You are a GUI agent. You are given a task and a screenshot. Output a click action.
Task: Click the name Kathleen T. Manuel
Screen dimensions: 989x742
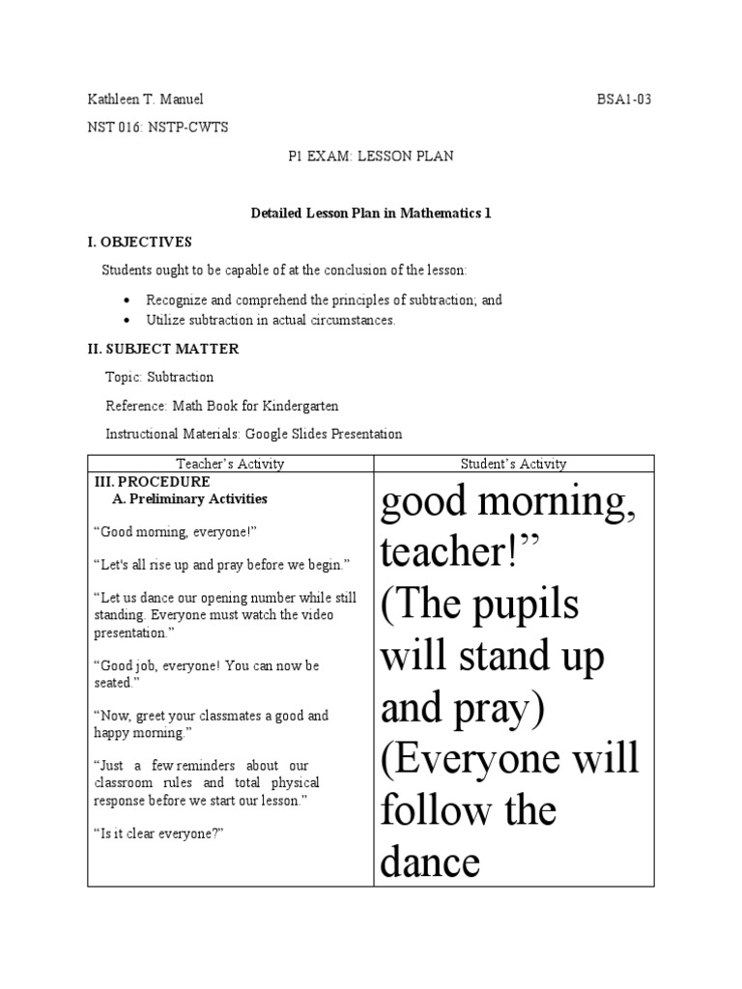click(145, 99)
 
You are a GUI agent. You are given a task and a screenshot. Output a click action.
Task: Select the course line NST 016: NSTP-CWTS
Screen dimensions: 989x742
click(157, 127)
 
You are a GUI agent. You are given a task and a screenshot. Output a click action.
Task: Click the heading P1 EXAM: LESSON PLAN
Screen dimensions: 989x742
click(371, 155)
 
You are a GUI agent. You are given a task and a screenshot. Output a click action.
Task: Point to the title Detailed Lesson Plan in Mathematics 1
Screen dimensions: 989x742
click(371, 213)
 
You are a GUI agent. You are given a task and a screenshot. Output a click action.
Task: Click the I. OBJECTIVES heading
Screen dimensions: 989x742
click(140, 241)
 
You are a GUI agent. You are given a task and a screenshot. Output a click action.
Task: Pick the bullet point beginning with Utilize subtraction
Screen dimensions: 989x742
click(271, 320)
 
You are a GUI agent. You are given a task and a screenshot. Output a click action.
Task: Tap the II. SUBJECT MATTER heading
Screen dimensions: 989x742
click(163, 349)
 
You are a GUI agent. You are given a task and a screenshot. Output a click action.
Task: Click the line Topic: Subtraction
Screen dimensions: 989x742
click(159, 377)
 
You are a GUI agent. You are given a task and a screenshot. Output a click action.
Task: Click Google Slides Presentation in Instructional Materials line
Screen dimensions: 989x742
click(324, 435)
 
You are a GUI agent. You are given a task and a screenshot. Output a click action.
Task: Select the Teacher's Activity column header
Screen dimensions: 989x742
click(230, 464)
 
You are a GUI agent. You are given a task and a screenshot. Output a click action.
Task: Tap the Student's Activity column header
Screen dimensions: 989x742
click(513, 464)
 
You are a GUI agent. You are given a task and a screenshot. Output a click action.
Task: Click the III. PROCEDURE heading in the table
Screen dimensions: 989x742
click(152, 481)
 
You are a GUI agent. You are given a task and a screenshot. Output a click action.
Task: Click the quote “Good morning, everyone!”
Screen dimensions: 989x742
click(175, 532)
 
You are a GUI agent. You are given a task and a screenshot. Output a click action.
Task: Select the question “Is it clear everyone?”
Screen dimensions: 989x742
click(159, 834)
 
